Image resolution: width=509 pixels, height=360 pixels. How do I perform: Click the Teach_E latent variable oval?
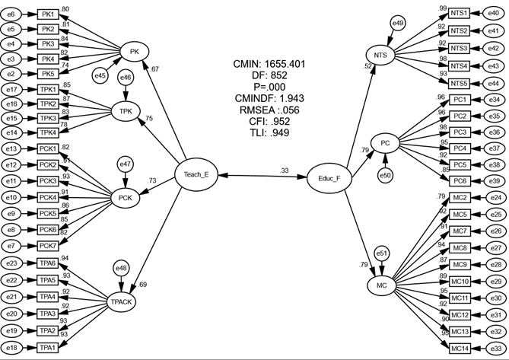click(x=196, y=174)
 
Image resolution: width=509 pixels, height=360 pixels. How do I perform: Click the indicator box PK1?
click(x=49, y=14)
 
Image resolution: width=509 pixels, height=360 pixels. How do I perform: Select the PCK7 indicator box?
click(x=50, y=245)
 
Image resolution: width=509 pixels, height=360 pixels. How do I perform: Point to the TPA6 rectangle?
click(x=49, y=263)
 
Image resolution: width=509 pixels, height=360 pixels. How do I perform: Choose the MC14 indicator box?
click(x=460, y=348)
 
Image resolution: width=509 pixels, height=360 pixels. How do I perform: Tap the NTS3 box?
click(x=459, y=48)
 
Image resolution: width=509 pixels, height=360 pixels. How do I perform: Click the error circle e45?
click(x=100, y=75)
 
